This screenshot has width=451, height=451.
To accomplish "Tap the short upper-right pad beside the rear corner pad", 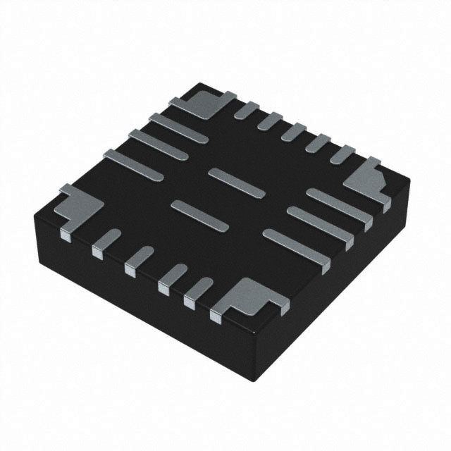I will click(247, 110).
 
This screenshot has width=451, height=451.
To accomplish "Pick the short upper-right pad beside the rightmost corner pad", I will click(342, 154).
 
